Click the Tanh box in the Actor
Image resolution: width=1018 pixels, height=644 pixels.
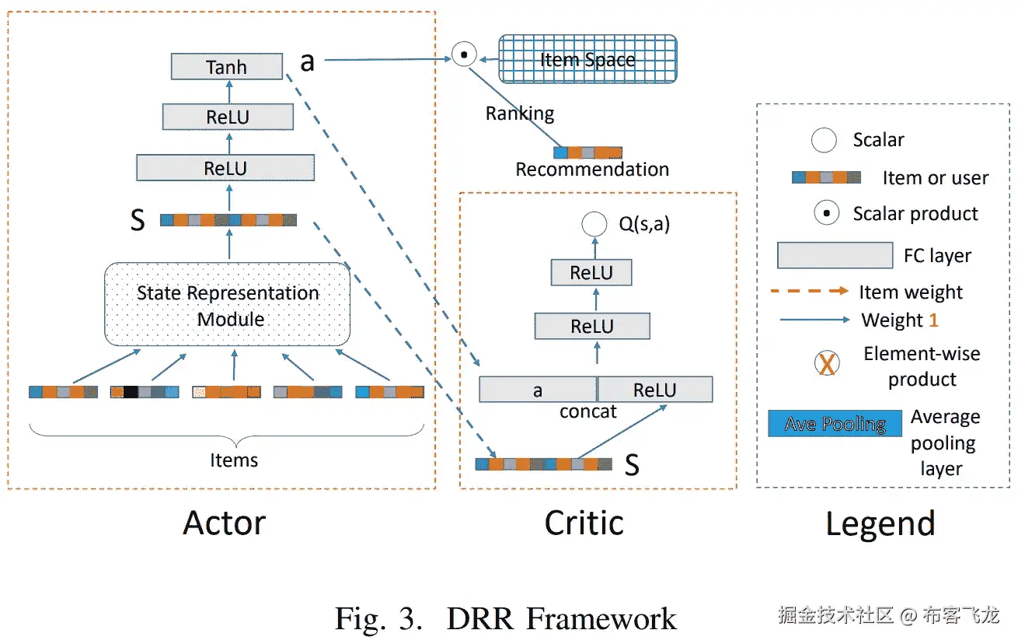point(226,67)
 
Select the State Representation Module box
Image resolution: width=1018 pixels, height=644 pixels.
point(227,305)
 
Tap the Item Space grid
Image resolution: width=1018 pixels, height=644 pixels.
point(587,59)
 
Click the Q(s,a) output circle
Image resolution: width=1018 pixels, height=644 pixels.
point(594,226)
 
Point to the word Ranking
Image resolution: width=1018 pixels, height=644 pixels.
point(520,114)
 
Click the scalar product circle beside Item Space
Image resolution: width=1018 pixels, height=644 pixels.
point(464,55)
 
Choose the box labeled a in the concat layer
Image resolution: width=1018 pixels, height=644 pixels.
point(538,390)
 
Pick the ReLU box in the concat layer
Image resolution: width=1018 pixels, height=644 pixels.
point(654,390)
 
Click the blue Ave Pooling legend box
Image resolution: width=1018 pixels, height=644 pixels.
point(835,424)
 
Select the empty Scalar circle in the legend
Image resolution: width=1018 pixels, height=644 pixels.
point(824,140)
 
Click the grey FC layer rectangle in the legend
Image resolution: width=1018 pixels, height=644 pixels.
point(835,255)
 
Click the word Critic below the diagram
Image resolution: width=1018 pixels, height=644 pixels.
point(584,523)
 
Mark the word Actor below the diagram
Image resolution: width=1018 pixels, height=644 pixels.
point(224,523)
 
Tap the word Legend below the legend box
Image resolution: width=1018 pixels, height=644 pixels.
point(880,524)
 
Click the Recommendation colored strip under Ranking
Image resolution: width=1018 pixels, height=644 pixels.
point(587,152)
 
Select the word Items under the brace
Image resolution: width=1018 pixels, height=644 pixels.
point(234,460)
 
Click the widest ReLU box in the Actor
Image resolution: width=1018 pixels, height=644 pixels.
point(225,168)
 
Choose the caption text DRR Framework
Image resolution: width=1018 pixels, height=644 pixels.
point(561,619)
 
